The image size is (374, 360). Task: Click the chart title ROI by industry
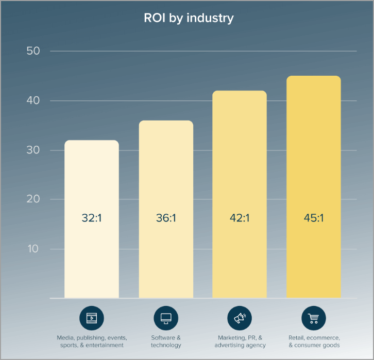pyautogui.click(x=188, y=18)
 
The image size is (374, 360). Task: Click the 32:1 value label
pyautogui.click(x=92, y=218)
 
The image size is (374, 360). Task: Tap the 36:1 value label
pyautogui.click(x=166, y=218)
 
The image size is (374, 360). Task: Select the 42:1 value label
pyautogui.click(x=240, y=218)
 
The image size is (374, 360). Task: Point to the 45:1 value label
pyautogui.click(x=313, y=218)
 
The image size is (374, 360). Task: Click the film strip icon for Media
pyautogui.click(x=92, y=318)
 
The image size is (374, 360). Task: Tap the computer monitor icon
pyautogui.click(x=166, y=318)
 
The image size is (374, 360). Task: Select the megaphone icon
pyautogui.click(x=240, y=318)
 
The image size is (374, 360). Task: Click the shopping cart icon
pyautogui.click(x=313, y=318)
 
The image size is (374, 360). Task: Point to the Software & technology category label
pyautogui.click(x=166, y=341)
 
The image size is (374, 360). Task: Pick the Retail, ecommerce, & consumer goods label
pyautogui.click(x=314, y=341)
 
